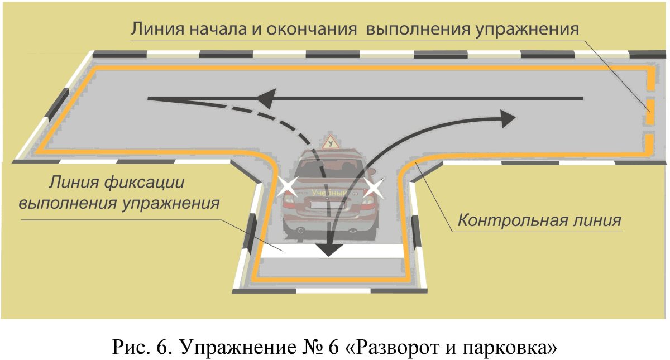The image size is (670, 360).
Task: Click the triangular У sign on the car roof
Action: [332, 143]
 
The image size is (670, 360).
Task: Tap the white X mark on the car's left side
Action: [288, 188]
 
